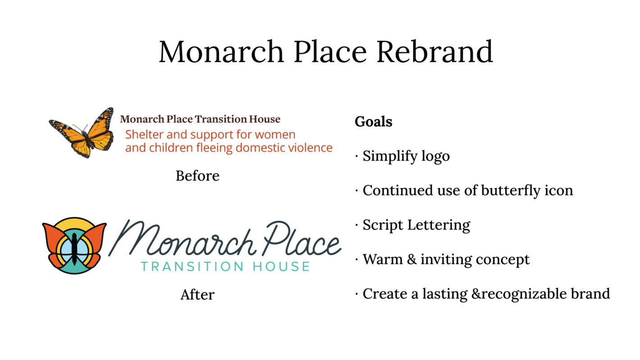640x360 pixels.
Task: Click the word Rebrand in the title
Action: point(435,52)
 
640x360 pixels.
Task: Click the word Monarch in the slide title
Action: point(221,52)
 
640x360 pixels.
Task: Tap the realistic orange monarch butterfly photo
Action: point(82,133)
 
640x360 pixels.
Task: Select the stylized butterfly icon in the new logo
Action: point(75,245)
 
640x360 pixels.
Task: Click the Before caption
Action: point(198,175)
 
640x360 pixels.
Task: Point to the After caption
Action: point(198,295)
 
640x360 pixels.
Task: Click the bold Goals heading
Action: point(374,121)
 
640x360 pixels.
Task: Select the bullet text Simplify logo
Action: point(406,156)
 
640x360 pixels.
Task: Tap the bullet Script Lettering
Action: point(416,225)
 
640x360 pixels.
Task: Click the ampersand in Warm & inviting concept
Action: point(412,260)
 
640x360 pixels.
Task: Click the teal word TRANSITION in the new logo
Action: point(193,266)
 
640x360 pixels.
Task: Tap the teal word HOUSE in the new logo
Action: point(281,266)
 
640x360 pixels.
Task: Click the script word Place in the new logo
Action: point(302,238)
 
